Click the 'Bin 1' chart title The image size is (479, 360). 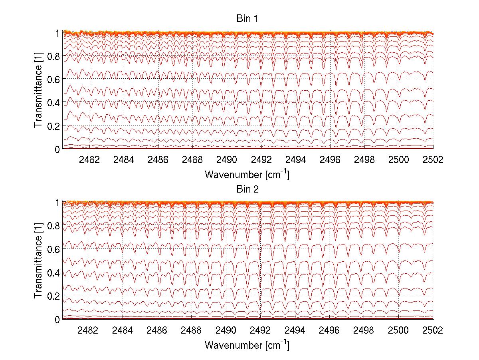coord(247,19)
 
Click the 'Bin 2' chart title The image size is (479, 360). coord(247,189)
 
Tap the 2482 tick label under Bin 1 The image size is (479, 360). coord(89,160)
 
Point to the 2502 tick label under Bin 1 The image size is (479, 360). coord(433,160)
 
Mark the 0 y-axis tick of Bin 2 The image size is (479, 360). coord(58,319)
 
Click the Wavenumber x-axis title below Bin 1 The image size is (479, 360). coord(247,175)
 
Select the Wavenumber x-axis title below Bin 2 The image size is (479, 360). coord(247,345)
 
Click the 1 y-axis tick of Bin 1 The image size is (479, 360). coord(58,33)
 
